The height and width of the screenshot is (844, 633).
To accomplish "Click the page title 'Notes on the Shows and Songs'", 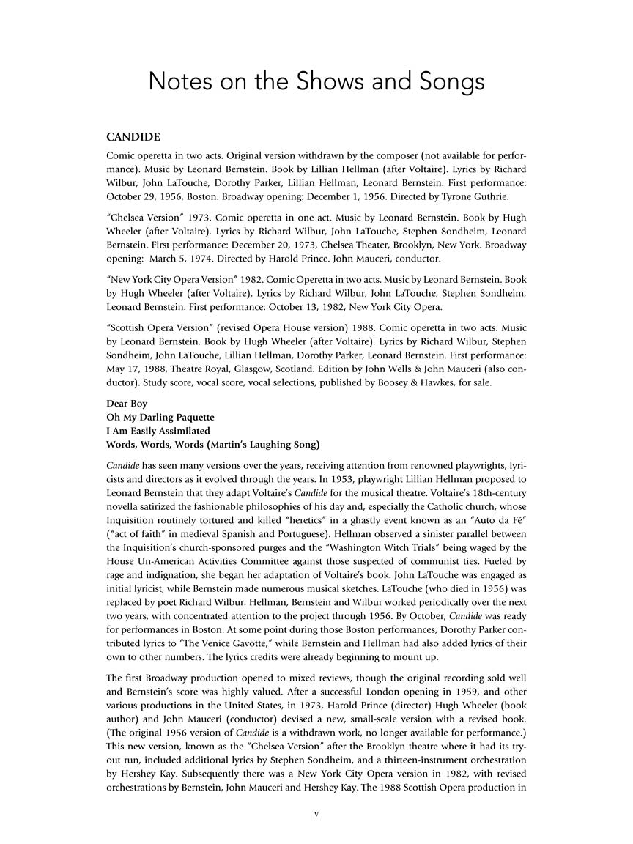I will click(316, 81).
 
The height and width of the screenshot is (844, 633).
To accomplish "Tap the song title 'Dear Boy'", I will click(127, 404).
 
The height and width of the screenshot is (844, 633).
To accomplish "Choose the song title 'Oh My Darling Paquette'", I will click(160, 417).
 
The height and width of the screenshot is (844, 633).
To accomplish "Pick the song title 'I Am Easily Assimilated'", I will click(158, 430).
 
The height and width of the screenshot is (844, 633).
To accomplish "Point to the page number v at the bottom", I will click(316, 814).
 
